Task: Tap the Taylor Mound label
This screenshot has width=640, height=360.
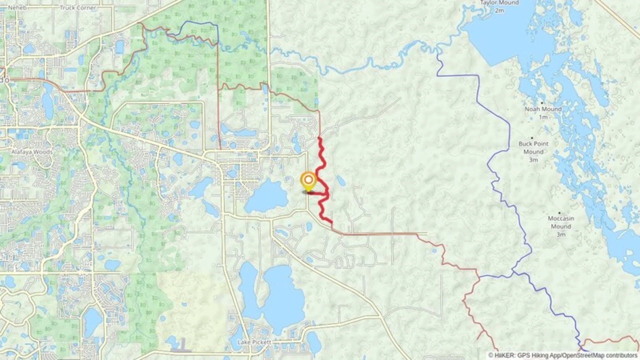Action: [x=499, y=3]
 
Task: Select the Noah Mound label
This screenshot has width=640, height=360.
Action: [x=543, y=109]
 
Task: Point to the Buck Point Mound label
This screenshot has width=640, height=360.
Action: [x=533, y=148]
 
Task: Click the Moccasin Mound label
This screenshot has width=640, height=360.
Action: [x=561, y=222]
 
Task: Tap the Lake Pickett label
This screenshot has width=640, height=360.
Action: [x=254, y=342]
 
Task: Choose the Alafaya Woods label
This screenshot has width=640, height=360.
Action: [x=32, y=152]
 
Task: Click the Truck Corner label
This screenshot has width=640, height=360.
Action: [x=78, y=8]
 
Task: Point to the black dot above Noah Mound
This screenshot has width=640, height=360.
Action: [x=542, y=103]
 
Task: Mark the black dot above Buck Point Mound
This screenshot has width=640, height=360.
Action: [x=532, y=138]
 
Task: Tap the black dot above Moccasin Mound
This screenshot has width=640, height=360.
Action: [x=559, y=213]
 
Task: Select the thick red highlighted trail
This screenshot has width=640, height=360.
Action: [x=321, y=157]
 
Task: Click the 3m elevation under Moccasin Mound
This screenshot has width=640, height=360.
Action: [x=561, y=235]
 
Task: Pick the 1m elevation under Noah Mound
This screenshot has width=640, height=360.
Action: [x=543, y=117]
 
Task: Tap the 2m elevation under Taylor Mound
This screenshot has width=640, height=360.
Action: [x=499, y=11]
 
